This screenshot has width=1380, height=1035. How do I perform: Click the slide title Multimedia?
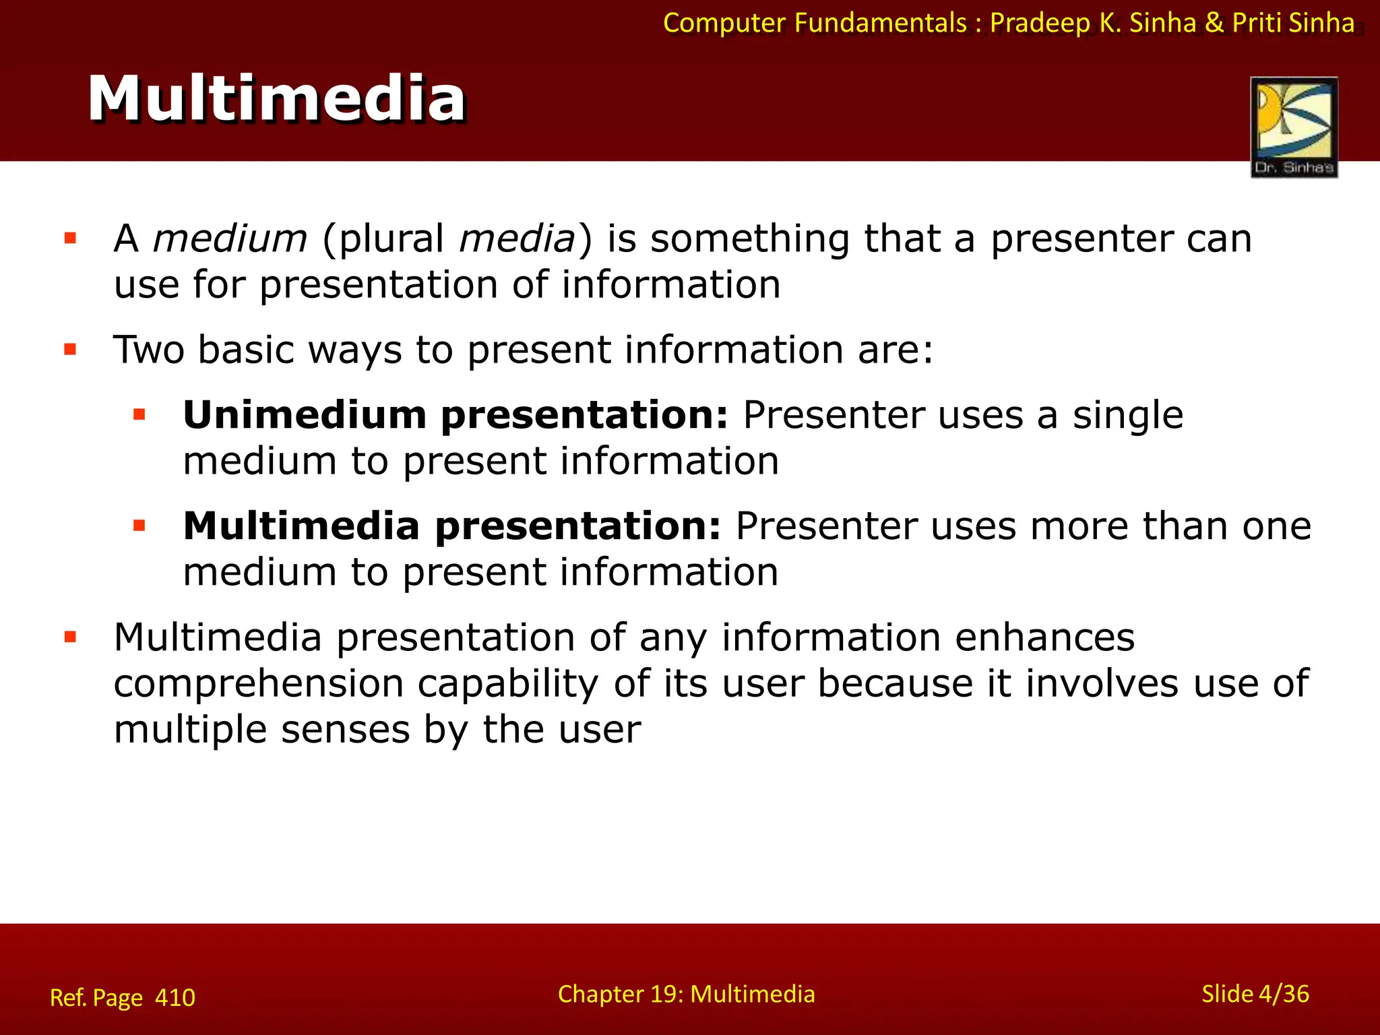point(276,99)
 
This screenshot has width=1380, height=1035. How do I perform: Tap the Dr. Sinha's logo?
point(1294,127)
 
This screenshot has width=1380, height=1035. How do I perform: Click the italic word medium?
point(230,239)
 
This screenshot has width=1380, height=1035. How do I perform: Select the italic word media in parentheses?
point(517,239)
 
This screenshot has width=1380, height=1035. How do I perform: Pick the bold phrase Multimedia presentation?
point(452,526)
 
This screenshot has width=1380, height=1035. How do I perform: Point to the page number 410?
point(175,997)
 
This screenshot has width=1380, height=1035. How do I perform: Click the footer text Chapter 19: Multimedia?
point(686,994)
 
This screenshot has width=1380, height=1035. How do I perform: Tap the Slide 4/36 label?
point(1255,994)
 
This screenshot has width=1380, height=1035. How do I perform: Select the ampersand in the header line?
point(1214,23)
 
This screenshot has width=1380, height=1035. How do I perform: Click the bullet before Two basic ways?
point(70,349)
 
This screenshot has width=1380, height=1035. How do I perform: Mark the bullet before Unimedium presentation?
point(139,414)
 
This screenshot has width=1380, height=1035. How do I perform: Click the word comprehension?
point(258,684)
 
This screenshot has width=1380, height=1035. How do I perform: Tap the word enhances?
point(1044,637)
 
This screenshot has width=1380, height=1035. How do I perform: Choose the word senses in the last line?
point(345,730)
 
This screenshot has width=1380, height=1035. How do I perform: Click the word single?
point(1127,415)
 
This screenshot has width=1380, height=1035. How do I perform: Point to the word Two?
point(149,350)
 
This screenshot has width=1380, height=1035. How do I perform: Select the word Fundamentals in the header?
point(880,23)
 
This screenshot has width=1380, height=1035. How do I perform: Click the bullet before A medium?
point(70,238)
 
